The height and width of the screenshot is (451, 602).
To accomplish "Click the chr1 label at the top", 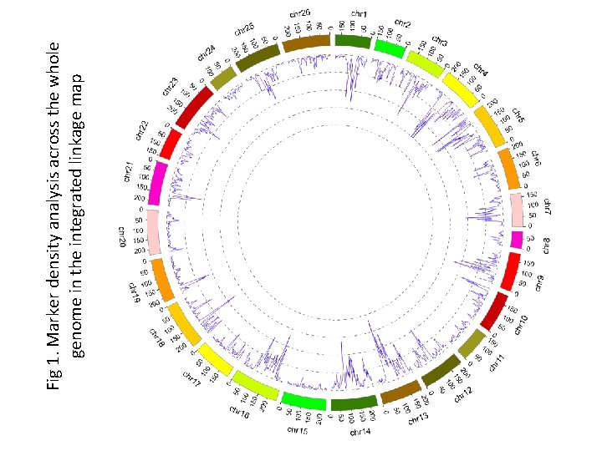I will coord(358,14).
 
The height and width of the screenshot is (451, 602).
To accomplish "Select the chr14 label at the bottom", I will coord(360,432).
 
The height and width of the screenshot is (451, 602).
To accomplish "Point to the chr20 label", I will coord(122,236).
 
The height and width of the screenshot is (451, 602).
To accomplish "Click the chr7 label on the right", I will coord(548,205).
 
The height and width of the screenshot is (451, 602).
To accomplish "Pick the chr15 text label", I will coord(297,430).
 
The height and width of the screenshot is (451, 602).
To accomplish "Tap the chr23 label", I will coord(169,86).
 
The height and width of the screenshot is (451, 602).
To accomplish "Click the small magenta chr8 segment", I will coord(517,240).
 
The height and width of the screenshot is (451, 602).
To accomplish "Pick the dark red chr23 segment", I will coord(195,109).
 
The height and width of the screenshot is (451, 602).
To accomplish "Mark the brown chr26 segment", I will coord(307,42).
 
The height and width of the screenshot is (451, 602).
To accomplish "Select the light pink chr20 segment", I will coord(152,232).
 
